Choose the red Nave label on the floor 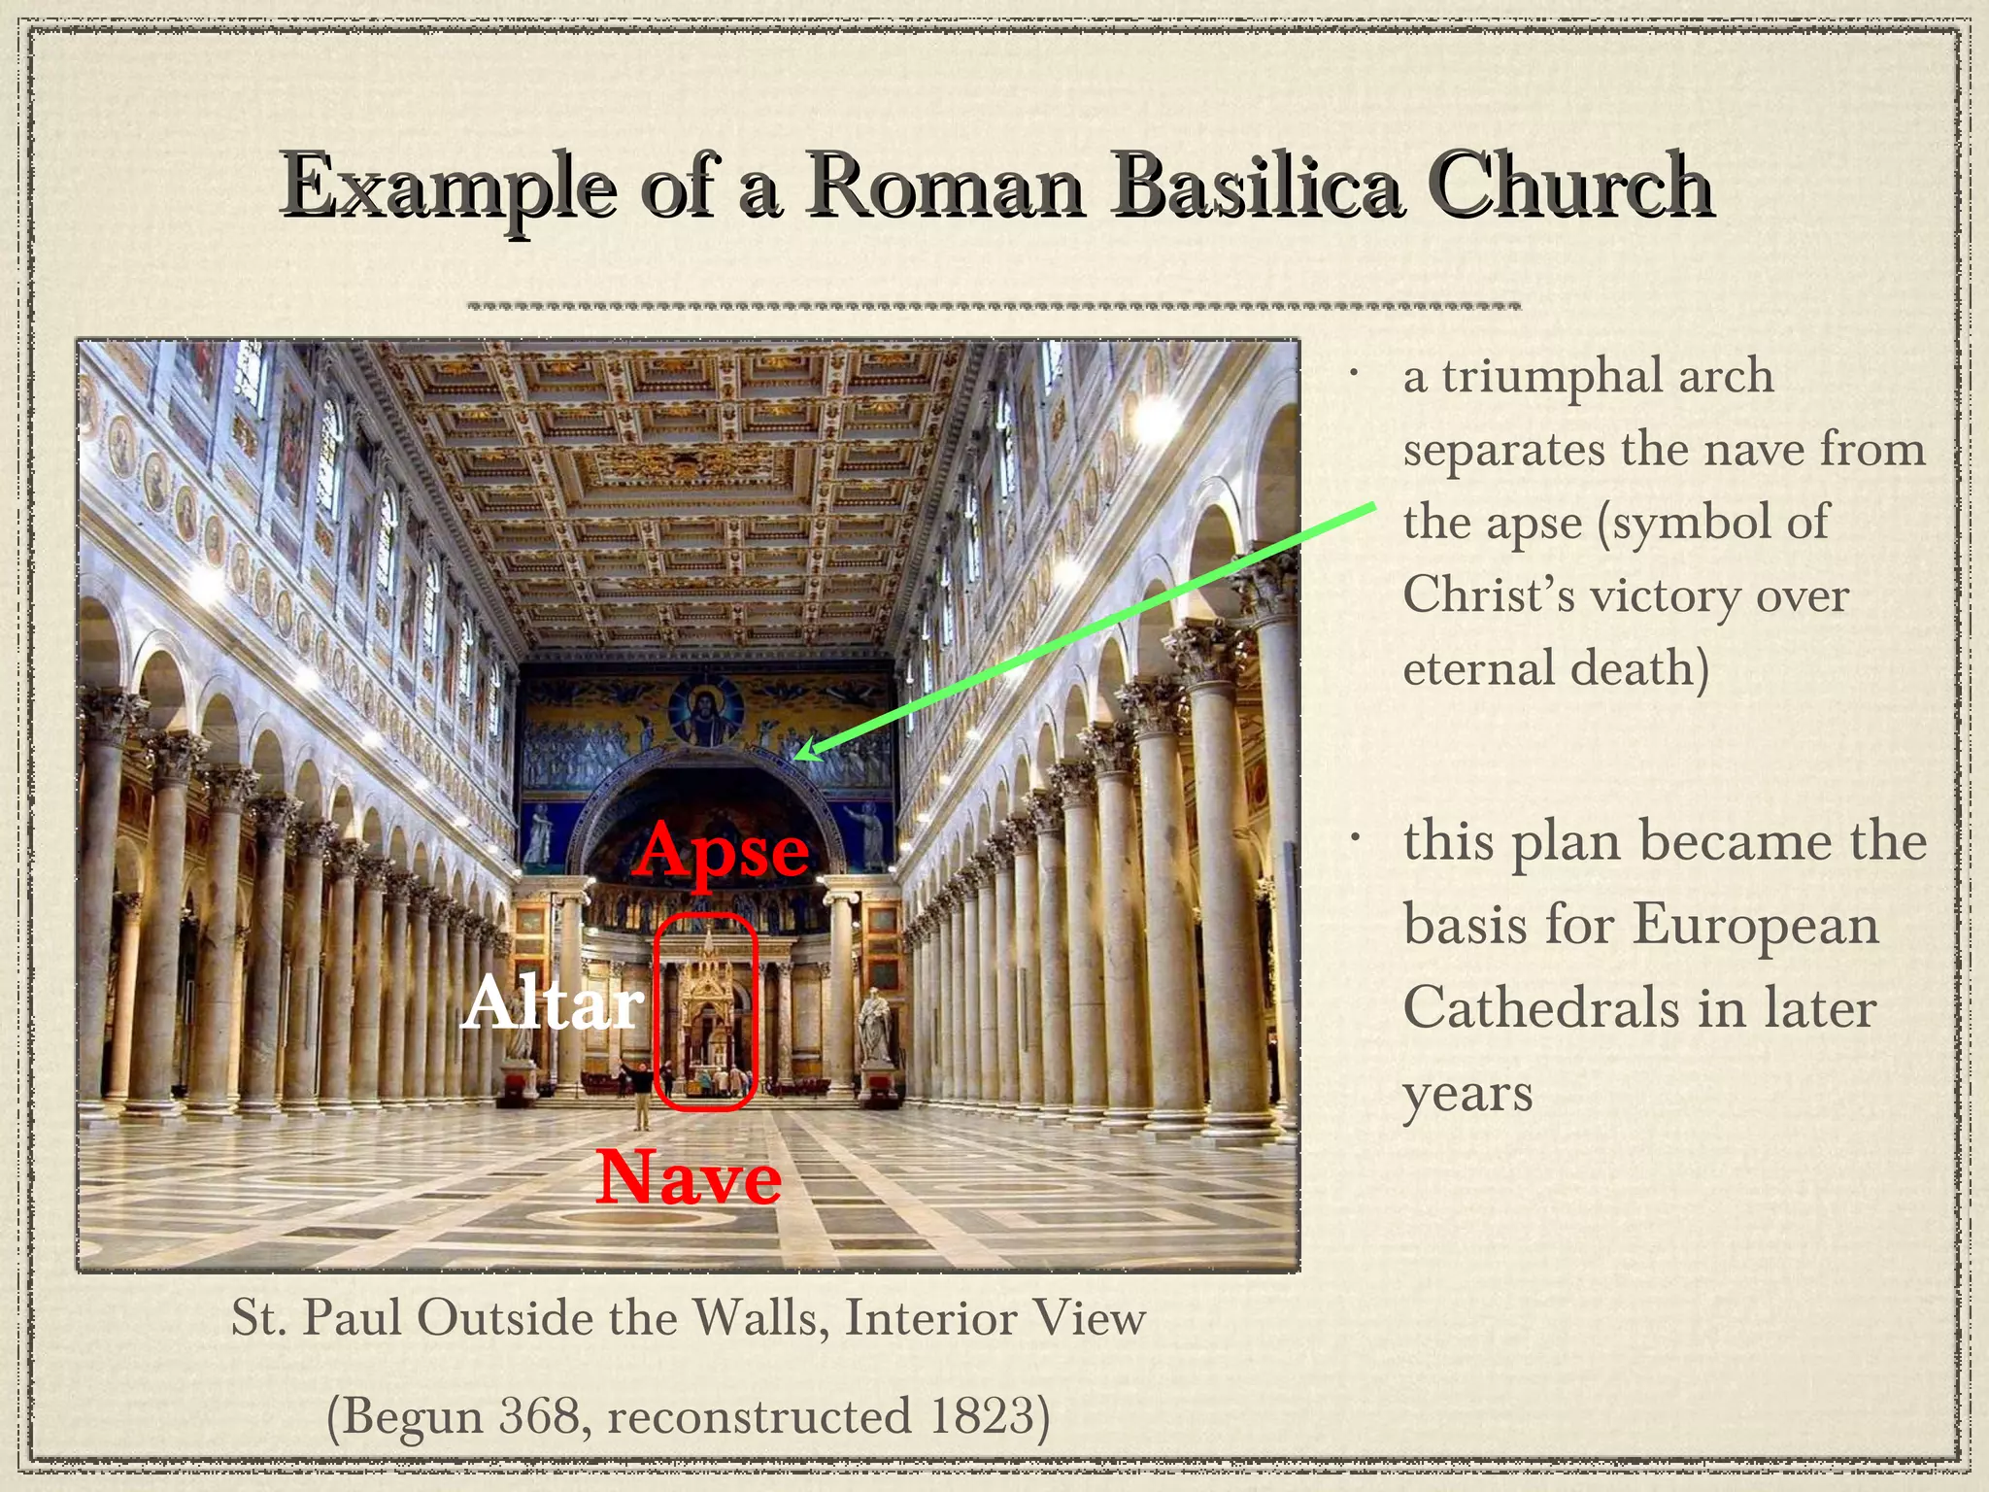[x=689, y=1177]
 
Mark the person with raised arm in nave [x=640, y=1093]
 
